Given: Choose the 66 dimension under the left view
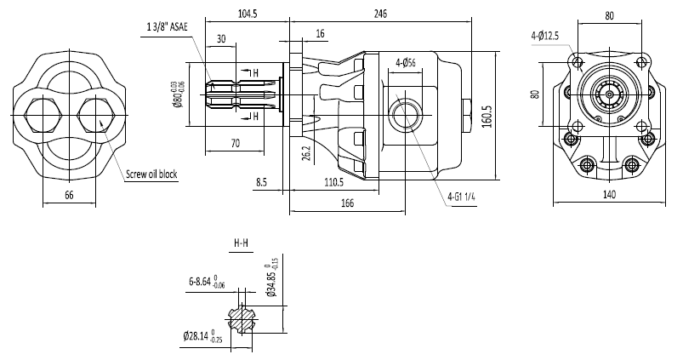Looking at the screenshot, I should pos(70,196).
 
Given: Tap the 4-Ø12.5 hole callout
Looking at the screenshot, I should pos(545,35).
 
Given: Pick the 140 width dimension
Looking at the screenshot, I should pos(610,195).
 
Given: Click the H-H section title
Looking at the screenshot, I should pos(242,243).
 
